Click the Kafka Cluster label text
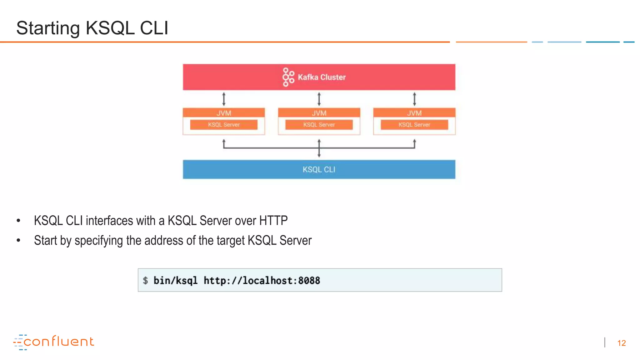322,77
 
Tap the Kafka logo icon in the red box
288,77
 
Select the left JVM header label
224,113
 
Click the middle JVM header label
319,113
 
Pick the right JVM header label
414,113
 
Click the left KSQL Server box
224,125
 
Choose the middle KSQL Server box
319,125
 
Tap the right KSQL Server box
414,125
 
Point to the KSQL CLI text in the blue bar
319,169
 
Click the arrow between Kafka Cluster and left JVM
224,99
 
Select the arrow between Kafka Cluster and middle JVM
319,99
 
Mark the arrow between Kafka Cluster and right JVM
414,99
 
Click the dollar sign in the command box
145,280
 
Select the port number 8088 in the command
309,280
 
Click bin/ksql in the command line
175,280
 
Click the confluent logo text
58,342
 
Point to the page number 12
621,343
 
